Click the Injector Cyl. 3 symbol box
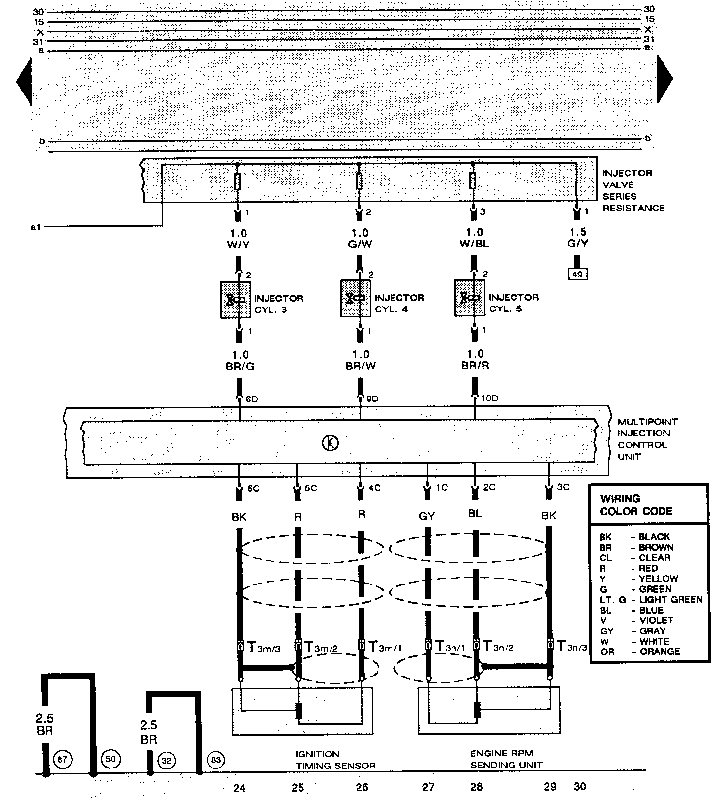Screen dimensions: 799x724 [x=236, y=300]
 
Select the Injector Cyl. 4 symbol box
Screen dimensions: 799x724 [x=356, y=299]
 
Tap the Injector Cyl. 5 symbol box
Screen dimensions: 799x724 [x=470, y=298]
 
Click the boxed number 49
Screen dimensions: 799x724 [x=577, y=274]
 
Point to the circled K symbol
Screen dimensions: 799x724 [x=330, y=443]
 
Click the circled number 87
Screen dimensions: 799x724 [x=62, y=759]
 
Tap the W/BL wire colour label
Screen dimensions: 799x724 [x=475, y=244]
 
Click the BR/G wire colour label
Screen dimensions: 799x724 [x=241, y=366]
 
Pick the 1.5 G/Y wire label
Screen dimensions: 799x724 [x=578, y=238]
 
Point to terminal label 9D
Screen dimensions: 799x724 [x=372, y=399]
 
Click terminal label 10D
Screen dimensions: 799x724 [x=490, y=398]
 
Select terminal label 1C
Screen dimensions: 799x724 [x=442, y=487]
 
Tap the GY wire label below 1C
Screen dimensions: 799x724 [x=426, y=516]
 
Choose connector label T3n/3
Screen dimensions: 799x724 [x=572, y=646]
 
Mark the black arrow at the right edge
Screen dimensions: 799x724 [x=664, y=78]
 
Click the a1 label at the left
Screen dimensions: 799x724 [x=36, y=227]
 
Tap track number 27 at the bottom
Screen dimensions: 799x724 [x=428, y=787]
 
